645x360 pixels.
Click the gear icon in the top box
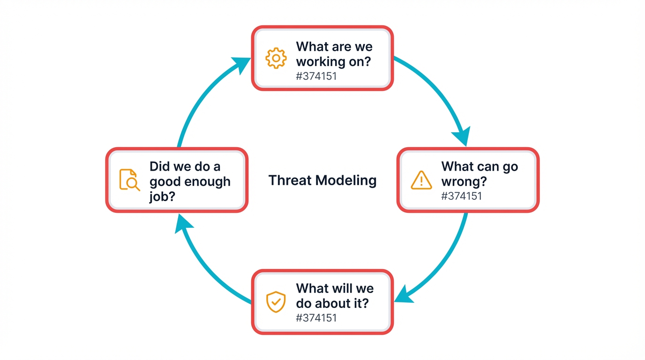276,58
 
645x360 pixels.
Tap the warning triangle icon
421,180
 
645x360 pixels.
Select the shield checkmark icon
276,302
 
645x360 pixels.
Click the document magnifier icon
129,180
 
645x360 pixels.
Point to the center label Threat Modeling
322,180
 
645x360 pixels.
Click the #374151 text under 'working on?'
316,75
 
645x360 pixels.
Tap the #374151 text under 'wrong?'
461,195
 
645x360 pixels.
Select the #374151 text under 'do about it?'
316,318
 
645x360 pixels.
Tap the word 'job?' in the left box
162,196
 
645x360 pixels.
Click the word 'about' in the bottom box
337,303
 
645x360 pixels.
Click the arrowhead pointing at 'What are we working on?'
242,65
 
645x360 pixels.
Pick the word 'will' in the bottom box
336,288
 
